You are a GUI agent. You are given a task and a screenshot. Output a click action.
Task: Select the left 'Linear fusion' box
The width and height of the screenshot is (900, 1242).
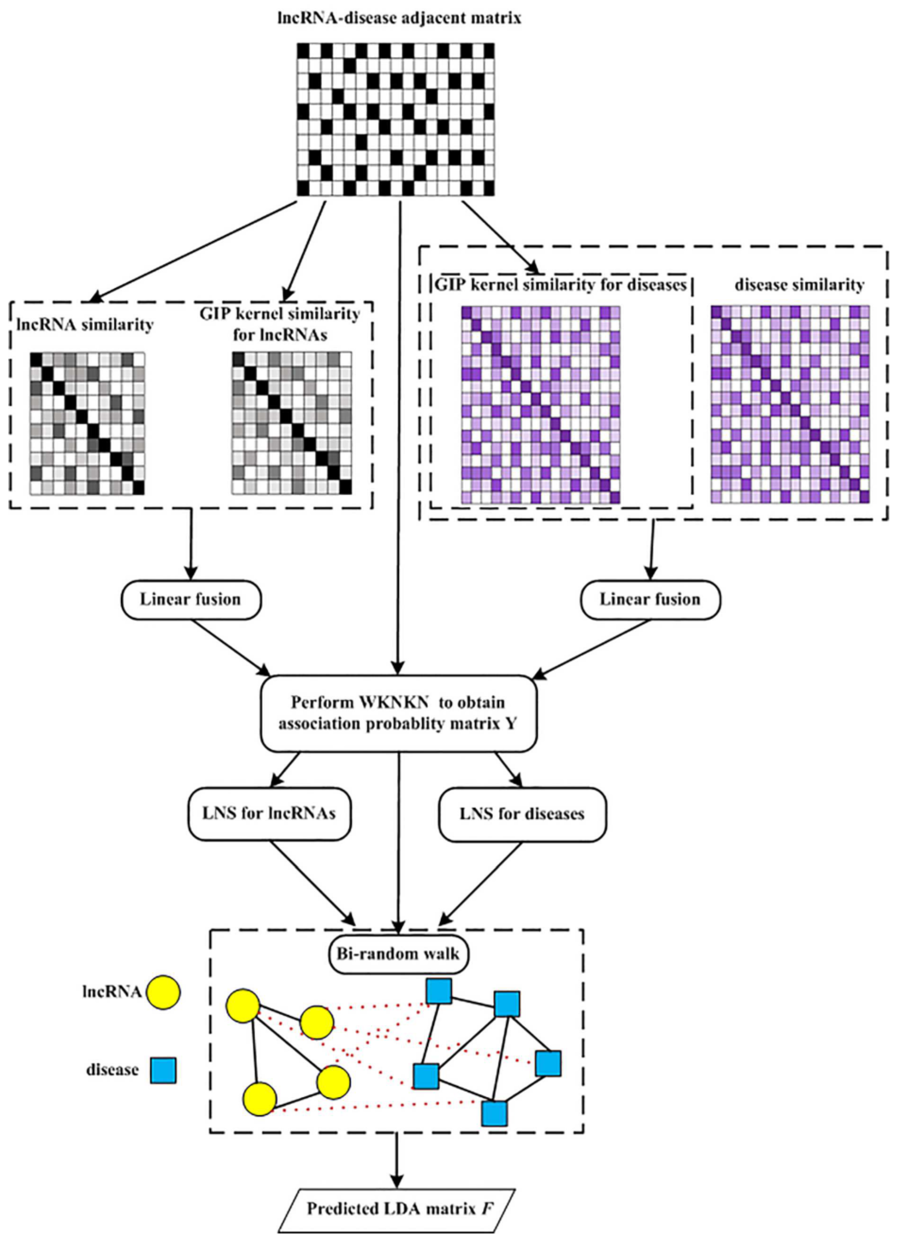coord(191,600)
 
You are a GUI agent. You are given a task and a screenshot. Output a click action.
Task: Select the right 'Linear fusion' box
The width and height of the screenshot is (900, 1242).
coord(650,600)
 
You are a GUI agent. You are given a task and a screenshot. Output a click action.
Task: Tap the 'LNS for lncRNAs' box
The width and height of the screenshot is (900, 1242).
coord(269,814)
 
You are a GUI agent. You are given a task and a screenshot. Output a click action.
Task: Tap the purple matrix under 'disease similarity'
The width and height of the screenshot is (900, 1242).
coord(790,404)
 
